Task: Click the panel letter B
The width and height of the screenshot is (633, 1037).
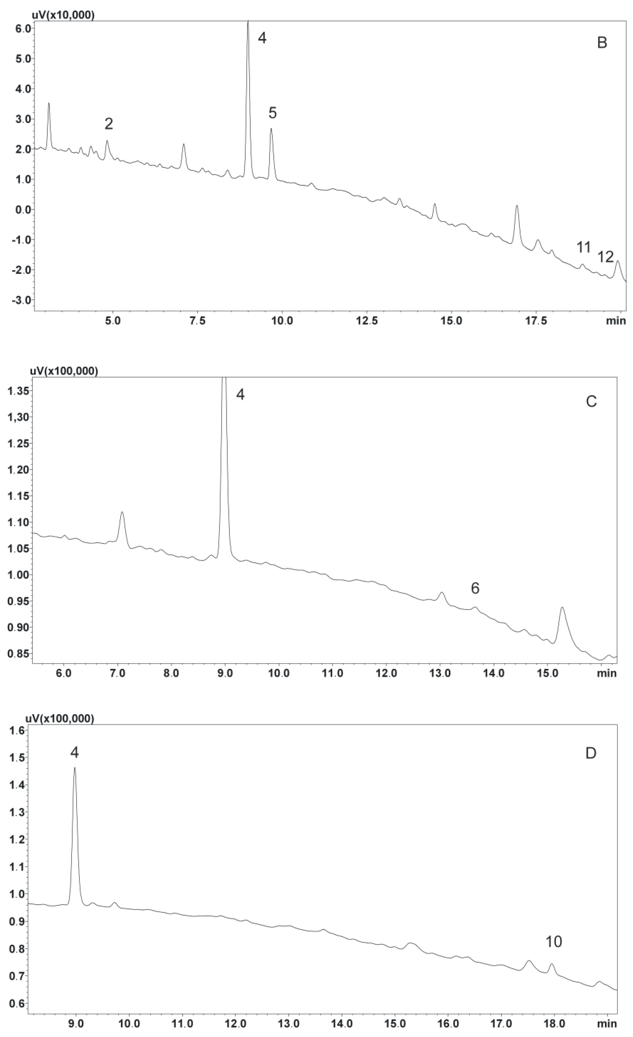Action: [602, 43]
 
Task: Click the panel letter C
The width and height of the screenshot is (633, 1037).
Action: [591, 402]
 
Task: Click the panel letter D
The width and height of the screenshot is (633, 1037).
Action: [591, 753]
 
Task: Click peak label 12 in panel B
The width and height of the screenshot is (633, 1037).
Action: [606, 257]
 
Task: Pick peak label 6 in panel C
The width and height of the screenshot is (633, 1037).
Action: [475, 588]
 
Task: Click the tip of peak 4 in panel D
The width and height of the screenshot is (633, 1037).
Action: [75, 767]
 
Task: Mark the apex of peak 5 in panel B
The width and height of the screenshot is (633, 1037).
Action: [271, 129]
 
